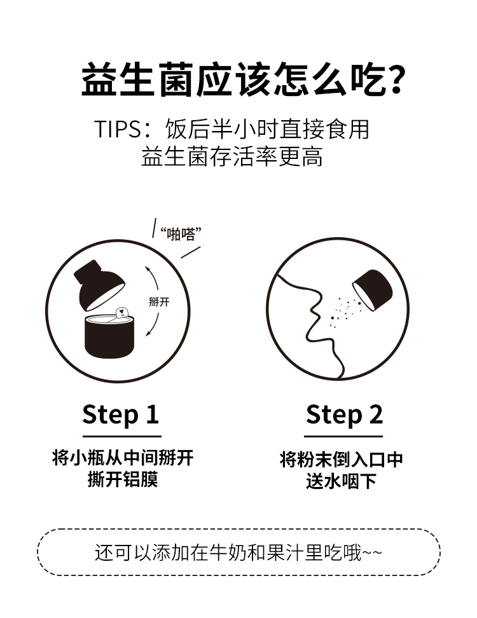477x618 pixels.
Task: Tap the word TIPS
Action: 118,129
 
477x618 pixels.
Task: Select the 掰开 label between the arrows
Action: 159,302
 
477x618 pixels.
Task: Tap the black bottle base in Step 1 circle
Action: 109,337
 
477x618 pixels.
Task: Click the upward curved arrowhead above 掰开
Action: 148,269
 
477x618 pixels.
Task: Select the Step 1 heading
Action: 121,415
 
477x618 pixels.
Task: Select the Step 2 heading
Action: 344,415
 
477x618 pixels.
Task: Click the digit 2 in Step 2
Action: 376,414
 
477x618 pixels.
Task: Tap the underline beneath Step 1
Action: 122,436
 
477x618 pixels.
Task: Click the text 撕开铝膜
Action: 123,479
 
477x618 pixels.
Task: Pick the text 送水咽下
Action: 342,481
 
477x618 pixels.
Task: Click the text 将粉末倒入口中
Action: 342,460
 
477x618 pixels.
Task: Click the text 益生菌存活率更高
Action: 232,156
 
